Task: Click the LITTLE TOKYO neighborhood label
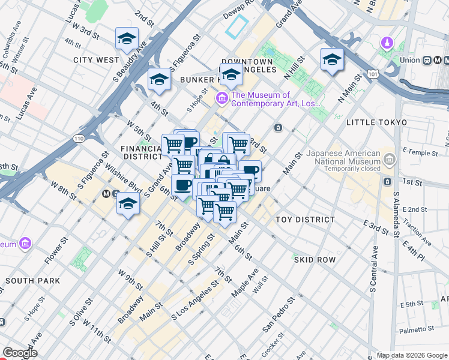point(377,122)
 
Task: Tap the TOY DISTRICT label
point(305,220)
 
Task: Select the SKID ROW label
point(315,259)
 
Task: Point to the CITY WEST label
point(96,60)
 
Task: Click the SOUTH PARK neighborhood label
point(32,280)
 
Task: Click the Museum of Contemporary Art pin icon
point(222,98)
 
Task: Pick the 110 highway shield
point(79,139)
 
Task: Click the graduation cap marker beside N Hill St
point(332,59)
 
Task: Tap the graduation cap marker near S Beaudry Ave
point(127,39)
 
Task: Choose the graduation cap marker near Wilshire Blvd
point(128,203)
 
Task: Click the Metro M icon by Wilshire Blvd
point(107,194)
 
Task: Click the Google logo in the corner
point(20,353)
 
